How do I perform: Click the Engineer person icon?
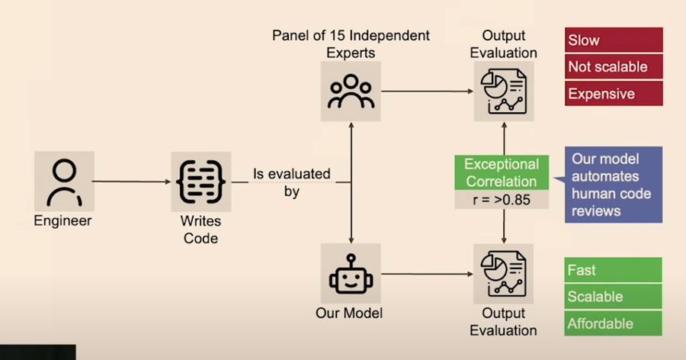64,182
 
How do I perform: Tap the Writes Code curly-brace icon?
200,182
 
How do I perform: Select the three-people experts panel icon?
351,91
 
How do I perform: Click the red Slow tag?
614,40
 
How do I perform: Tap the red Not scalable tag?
614,66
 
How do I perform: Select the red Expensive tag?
614,93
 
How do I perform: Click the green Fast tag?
614,270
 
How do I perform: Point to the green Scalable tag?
614,297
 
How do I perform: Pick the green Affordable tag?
614,323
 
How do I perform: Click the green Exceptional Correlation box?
502,173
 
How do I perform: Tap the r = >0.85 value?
502,201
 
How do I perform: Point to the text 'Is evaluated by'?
292,182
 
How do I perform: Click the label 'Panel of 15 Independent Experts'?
351,44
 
